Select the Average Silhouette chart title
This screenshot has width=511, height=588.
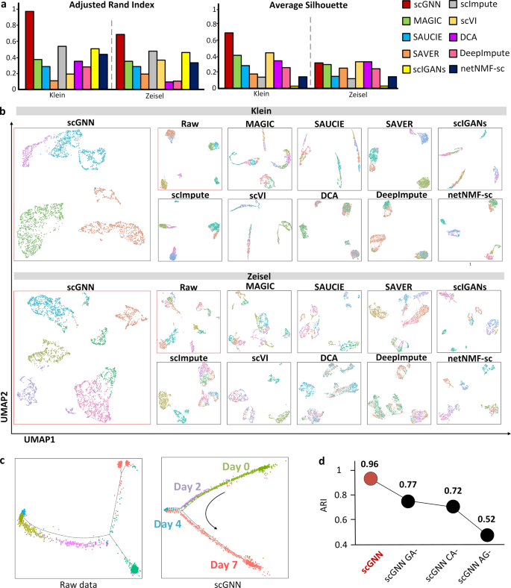[295, 5]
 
